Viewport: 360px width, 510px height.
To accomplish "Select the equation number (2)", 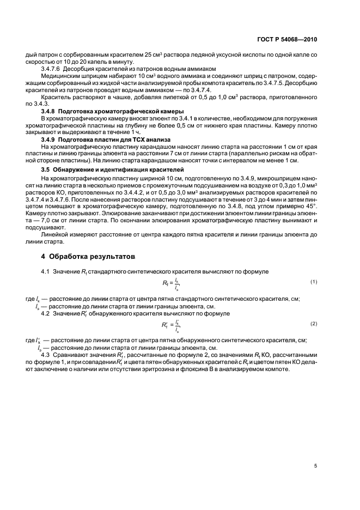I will [314, 324].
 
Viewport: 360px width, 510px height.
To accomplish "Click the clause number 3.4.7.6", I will [53, 69].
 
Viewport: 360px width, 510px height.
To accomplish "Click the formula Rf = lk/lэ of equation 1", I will [170, 283].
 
